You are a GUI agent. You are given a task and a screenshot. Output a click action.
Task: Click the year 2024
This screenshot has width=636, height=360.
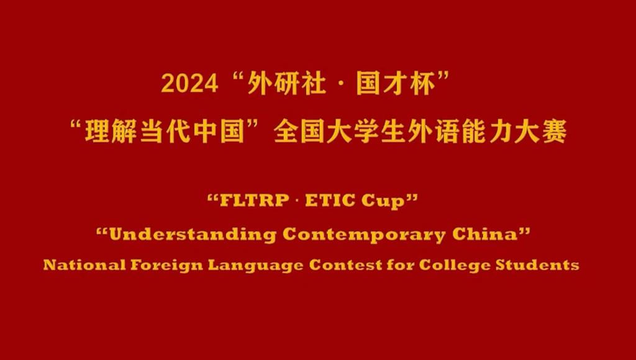coord(189,84)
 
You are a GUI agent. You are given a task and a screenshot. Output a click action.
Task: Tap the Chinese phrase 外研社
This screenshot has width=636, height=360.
coord(286,84)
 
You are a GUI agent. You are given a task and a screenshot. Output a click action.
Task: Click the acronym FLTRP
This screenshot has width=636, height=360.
coord(254,200)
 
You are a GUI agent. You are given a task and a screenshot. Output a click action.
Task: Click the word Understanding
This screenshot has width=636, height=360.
coord(193,235)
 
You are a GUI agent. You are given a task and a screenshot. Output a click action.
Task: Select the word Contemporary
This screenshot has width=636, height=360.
coord(364,235)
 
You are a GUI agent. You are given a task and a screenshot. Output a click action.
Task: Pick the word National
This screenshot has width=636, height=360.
coord(84,265)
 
